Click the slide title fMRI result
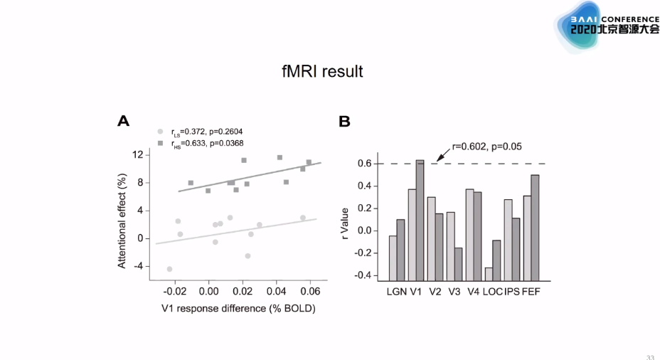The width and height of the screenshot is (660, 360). [x=322, y=72]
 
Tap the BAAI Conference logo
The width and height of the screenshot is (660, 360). [x=606, y=27]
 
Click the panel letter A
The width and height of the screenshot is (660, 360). [x=123, y=122]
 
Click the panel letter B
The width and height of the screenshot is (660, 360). [x=344, y=122]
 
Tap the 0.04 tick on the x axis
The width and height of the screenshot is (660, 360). [x=276, y=292]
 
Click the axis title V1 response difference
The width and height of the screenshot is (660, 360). [x=238, y=309]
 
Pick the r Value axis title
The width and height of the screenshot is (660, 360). [x=346, y=221]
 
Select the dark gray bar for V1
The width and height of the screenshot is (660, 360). [x=420, y=220]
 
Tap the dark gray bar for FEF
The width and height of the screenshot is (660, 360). [x=535, y=227]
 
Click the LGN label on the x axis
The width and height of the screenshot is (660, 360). [x=397, y=292]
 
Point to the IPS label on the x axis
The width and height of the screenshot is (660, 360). [x=511, y=292]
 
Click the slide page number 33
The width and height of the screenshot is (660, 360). [x=650, y=356]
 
